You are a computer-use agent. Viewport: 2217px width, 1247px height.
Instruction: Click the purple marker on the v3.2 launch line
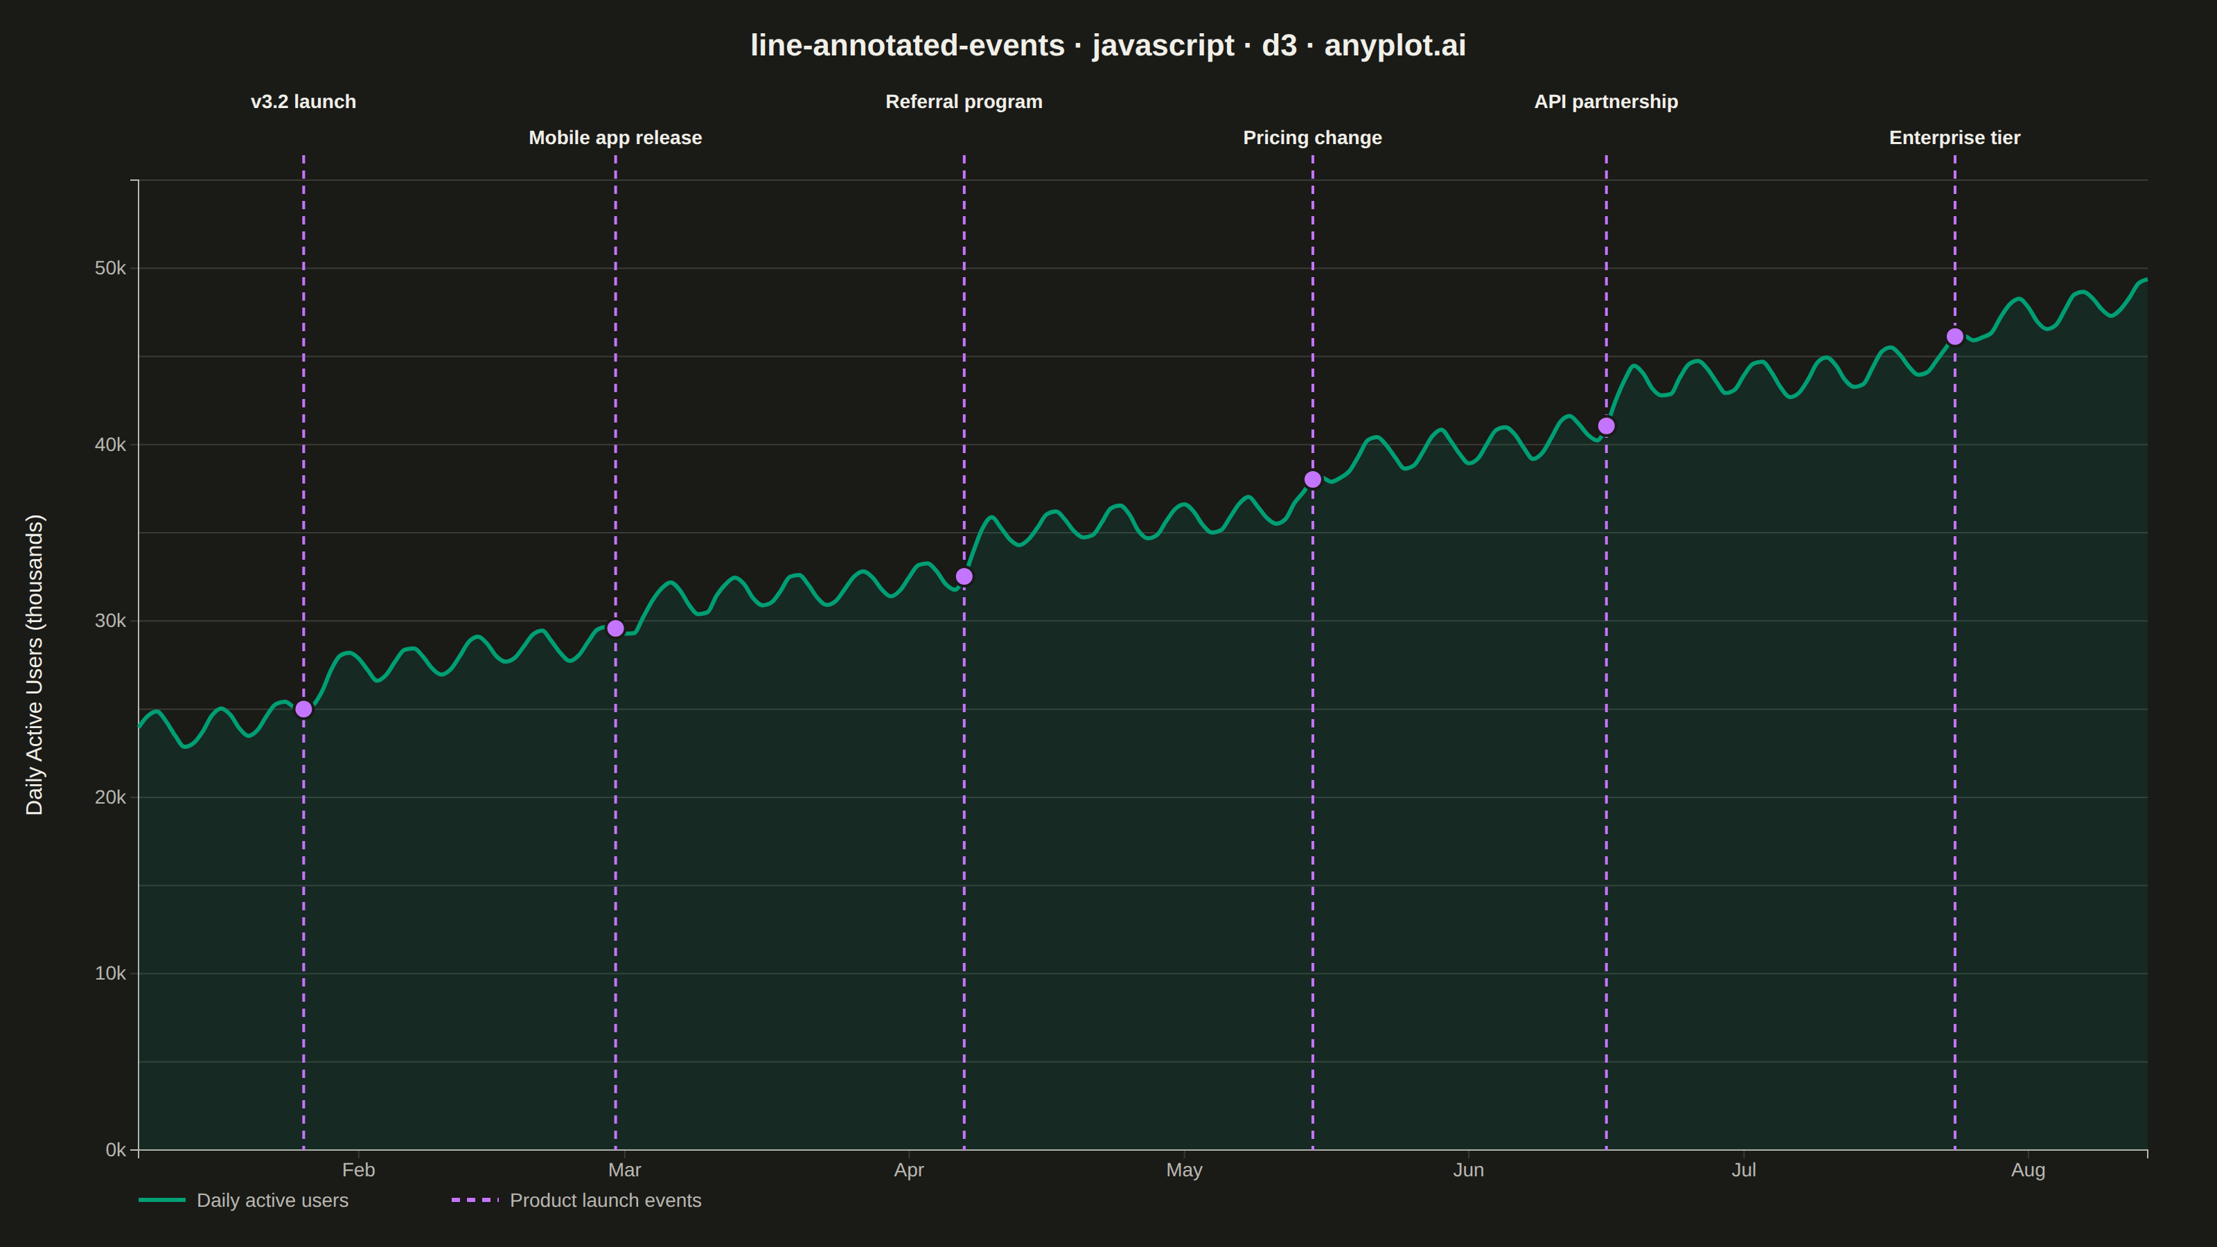(x=304, y=709)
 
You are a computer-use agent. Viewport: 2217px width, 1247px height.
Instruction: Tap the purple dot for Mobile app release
(x=615, y=628)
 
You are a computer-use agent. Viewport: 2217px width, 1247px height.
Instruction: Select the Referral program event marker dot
(x=964, y=576)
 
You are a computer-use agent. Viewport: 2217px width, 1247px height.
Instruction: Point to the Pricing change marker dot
(x=1312, y=479)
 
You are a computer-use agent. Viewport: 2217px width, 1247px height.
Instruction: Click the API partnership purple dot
(x=1606, y=426)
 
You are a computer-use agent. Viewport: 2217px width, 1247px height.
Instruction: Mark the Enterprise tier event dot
(x=1954, y=337)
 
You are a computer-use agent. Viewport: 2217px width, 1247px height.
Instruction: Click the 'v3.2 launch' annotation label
(x=303, y=102)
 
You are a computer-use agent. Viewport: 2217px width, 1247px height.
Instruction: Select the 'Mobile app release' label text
(x=615, y=138)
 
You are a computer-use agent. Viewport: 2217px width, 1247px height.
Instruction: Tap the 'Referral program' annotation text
(x=964, y=102)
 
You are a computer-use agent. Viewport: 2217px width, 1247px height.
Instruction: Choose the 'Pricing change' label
(x=1312, y=138)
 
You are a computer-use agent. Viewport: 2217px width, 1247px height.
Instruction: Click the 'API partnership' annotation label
(x=1606, y=102)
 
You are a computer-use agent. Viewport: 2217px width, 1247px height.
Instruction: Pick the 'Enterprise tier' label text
(x=1954, y=138)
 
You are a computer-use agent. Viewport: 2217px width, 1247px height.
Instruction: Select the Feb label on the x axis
(x=359, y=1169)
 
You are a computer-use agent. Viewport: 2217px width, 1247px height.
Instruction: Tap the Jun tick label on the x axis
(x=1468, y=1169)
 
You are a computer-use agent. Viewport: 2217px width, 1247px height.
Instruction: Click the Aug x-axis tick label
(x=2028, y=1169)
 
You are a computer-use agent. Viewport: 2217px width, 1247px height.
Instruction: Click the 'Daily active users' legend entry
(x=244, y=1201)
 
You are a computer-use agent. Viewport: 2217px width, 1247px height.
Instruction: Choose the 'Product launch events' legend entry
(x=576, y=1201)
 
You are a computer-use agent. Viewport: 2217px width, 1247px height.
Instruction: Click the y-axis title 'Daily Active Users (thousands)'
(x=35, y=664)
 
